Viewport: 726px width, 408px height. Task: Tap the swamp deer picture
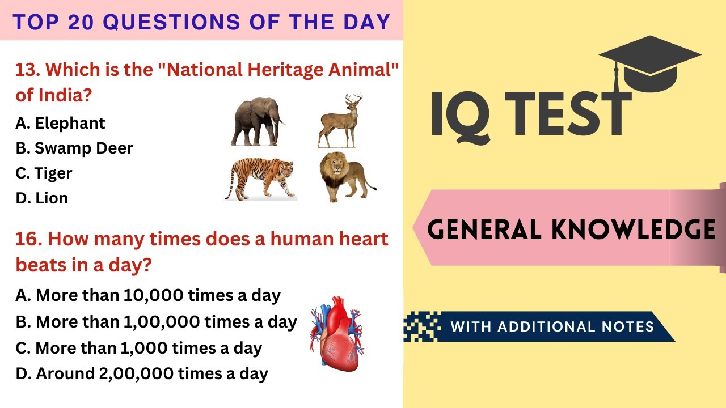340,121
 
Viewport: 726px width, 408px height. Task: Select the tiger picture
260,177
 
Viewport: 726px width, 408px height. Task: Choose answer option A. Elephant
60,123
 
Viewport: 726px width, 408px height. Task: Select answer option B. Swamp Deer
74,148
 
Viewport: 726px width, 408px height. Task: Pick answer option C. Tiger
44,173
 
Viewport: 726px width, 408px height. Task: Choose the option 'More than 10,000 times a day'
148,295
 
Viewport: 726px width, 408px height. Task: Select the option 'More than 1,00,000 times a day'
156,322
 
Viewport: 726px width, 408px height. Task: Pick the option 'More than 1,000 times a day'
138,348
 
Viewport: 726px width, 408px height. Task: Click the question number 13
26,70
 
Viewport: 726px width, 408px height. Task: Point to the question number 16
26,239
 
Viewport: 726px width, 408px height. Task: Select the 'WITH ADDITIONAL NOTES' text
552,326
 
